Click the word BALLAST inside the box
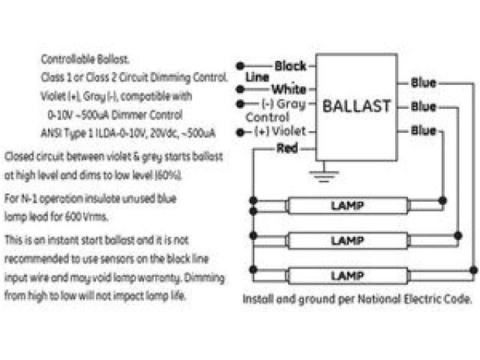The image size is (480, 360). click(356, 106)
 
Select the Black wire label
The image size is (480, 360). click(289, 66)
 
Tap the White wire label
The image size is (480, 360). click(288, 90)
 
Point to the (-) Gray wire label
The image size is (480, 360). click(283, 103)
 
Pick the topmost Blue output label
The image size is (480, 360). click(424, 82)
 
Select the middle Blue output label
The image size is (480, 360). click(424, 106)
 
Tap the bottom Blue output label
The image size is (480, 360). click(424, 130)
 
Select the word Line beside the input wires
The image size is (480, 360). click(256, 77)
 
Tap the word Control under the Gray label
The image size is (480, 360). click(267, 118)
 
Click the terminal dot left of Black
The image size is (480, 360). click(241, 66)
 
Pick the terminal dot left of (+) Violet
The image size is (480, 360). click(241, 132)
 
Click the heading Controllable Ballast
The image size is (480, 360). click(85, 59)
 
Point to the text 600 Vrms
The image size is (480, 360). click(91, 217)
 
